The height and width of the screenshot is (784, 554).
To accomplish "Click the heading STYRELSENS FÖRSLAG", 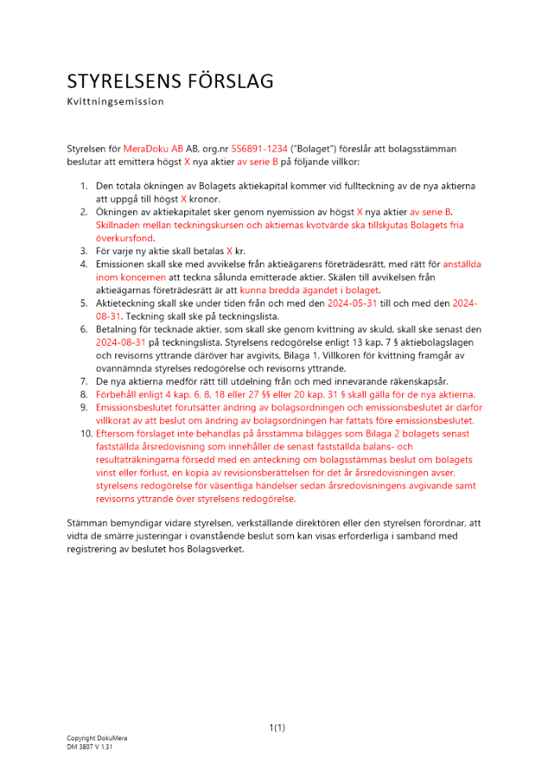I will coord(170,82).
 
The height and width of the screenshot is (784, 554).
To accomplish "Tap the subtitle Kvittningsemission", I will coord(115,101).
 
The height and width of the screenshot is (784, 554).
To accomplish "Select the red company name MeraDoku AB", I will coord(153,148).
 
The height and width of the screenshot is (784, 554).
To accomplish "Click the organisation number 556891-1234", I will coord(259,148).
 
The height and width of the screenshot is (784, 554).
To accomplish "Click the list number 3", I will coord(84,252).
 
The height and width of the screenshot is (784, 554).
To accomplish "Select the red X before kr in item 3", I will coord(230,252).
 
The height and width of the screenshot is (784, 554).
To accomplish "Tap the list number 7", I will coord(84,381).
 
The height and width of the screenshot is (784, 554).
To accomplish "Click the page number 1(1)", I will coord(277,728).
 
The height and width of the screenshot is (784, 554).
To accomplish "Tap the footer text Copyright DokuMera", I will coord(96,739).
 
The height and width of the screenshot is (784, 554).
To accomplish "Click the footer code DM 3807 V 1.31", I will coord(90,748).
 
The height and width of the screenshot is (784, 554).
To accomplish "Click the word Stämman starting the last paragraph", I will coord(87,523).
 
